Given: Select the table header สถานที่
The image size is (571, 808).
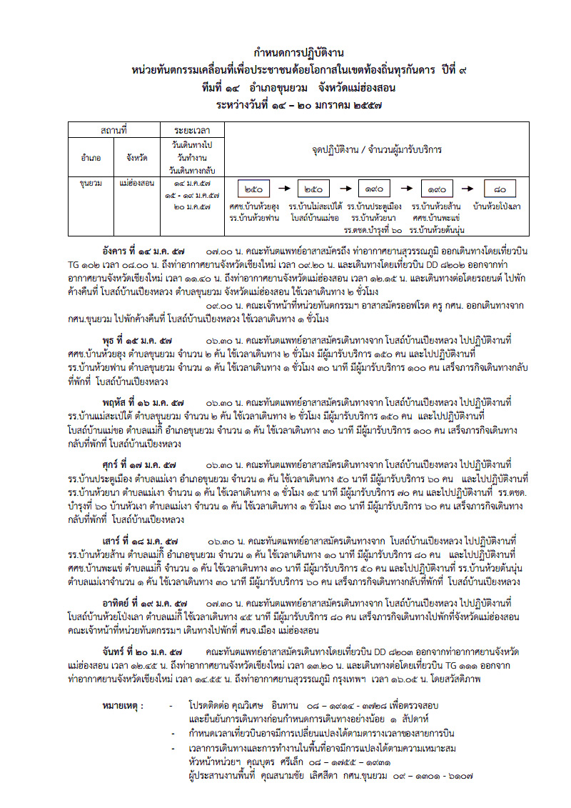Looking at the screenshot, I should click(x=113, y=131).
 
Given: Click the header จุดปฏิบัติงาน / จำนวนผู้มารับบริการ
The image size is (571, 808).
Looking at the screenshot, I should click(x=377, y=150).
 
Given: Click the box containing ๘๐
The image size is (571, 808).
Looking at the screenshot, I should click(x=504, y=189).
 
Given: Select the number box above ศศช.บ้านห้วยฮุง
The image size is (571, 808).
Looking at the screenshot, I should click(x=253, y=189).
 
